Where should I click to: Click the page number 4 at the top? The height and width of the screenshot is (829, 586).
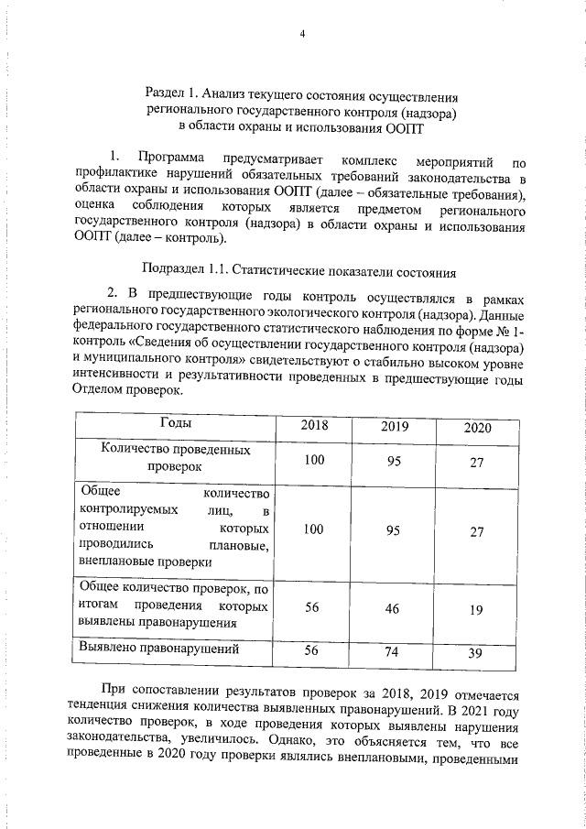[301, 35]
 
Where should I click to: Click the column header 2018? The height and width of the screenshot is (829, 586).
[314, 425]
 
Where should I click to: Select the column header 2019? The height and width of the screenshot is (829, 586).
[394, 427]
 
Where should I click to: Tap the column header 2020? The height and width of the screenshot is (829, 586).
[476, 428]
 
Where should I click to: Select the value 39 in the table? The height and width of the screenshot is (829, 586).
[476, 651]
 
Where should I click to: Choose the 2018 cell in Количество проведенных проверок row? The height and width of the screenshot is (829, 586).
[315, 458]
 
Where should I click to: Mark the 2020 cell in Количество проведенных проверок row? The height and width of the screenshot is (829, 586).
[476, 463]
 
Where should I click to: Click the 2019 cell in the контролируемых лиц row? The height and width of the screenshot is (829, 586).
[394, 531]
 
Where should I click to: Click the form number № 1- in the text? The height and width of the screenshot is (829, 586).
[512, 333]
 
